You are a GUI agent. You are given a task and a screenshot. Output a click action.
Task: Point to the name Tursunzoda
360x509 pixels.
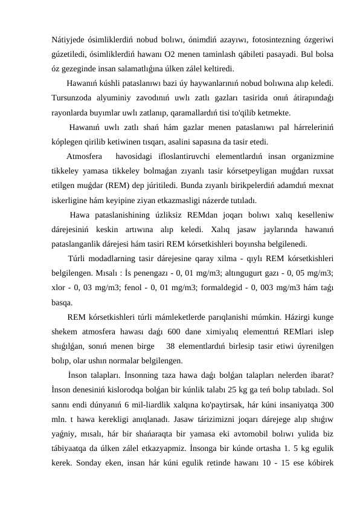point(74,98)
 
